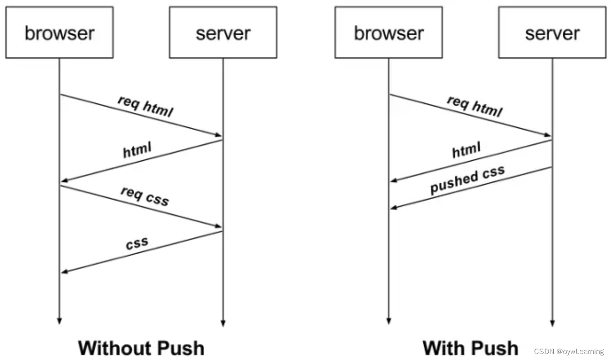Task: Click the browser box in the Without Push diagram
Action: [x=59, y=33]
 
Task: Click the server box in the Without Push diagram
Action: [x=223, y=33]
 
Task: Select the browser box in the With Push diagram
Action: [x=388, y=33]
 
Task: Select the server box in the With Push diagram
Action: [x=552, y=33]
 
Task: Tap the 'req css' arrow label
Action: [x=145, y=196]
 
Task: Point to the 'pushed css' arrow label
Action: [x=467, y=179]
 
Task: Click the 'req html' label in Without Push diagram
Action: [x=145, y=106]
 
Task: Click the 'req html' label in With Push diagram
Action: [x=475, y=106]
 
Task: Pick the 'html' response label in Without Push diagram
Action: [x=137, y=150]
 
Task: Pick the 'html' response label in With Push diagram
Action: [x=466, y=150]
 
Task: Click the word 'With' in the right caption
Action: [x=442, y=348]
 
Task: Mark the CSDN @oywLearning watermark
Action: [x=568, y=351]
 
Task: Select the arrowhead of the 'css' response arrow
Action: [x=65, y=272]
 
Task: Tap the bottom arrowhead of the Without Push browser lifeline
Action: [x=59, y=321]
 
